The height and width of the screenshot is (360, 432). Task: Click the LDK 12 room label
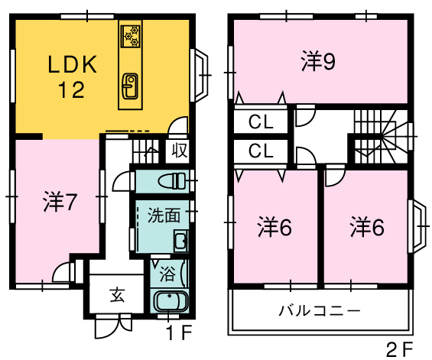tap(72, 76)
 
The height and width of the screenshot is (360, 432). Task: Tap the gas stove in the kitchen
tap(131, 36)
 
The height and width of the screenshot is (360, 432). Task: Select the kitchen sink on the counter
tap(130, 86)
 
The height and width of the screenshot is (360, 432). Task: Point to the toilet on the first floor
tap(172, 180)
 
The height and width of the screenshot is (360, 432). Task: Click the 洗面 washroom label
tap(164, 215)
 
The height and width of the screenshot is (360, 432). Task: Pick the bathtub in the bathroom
tap(171, 301)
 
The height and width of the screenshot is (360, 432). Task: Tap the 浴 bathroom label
tap(167, 274)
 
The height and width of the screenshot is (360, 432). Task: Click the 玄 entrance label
tap(118, 295)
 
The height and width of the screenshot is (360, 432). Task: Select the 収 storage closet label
tap(180, 151)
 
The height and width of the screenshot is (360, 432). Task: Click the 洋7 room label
tap(59, 203)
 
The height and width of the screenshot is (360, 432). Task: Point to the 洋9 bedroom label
tap(319, 61)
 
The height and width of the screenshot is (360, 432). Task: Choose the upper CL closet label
tap(261, 122)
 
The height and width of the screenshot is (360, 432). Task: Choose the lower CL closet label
tap(261, 151)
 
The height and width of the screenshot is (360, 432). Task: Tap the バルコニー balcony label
tap(320, 310)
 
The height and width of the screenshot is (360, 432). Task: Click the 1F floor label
tap(180, 332)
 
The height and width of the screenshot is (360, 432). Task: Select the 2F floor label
tap(399, 350)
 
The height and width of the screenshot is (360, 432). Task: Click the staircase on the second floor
tap(381, 137)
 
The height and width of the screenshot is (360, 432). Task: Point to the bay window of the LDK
tap(200, 75)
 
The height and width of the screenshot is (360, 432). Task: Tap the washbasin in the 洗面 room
tap(181, 241)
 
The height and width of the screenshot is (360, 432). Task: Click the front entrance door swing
tap(113, 327)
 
